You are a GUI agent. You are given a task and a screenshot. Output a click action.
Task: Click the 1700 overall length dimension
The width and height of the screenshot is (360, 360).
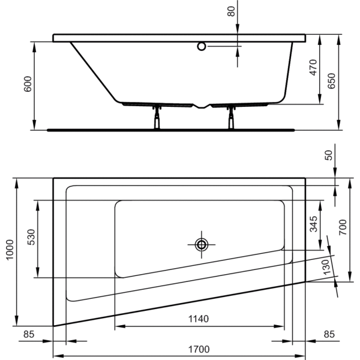tap(199, 349)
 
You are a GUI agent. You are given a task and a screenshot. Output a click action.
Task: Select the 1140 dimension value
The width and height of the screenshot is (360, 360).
tap(199, 319)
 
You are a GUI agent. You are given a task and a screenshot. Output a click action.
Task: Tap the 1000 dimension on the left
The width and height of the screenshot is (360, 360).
tap(10, 250)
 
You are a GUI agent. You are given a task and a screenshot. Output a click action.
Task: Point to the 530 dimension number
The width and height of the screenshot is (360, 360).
tap(31, 237)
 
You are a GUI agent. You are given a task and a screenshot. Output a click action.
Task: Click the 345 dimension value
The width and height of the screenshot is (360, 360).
tap(313, 224)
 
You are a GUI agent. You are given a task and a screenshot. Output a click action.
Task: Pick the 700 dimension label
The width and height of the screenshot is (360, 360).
tap(343, 227)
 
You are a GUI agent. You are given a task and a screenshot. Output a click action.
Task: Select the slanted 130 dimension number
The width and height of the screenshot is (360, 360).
tap(326, 267)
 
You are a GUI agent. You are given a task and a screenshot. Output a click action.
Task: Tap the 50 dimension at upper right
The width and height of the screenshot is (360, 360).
tap(329, 155)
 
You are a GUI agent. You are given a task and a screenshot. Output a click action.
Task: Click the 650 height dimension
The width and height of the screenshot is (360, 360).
tap(332, 81)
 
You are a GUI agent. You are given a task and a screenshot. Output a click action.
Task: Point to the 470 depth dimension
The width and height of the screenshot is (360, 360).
tap(313, 67)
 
